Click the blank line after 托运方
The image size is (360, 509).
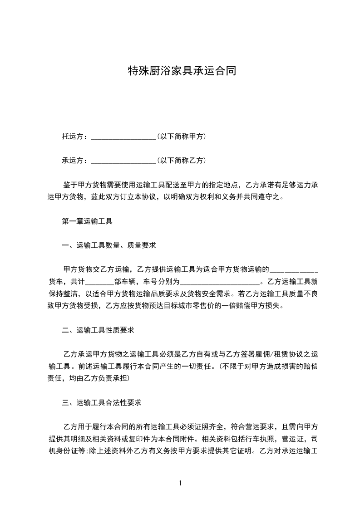click(123, 136)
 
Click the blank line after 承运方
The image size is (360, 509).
click(123, 160)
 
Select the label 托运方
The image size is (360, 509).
click(73, 136)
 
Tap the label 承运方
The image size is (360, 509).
click(73, 160)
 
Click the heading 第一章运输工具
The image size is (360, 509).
click(87, 222)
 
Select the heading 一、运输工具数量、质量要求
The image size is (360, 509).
click(109, 245)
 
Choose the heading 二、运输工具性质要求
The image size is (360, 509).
click(98, 330)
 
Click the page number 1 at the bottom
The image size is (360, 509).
click(180, 483)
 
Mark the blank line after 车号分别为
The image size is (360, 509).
click(220, 281)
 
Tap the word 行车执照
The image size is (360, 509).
click(259, 439)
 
